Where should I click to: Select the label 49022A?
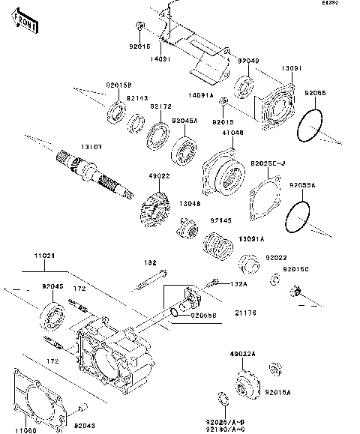pyautogui.click(x=243, y=354)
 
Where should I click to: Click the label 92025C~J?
pyautogui.click(x=268, y=163)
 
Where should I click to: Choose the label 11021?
pyautogui.click(x=43, y=256)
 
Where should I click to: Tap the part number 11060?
pyautogui.click(x=23, y=427)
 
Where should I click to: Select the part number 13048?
pyautogui.click(x=189, y=203)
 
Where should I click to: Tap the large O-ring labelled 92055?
pyautogui.click(x=310, y=127)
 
